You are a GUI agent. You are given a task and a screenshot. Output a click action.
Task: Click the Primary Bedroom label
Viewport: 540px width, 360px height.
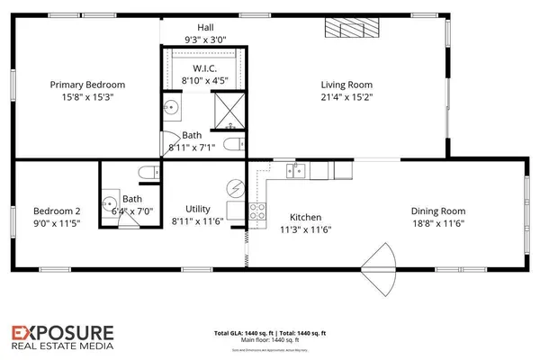coord(87,85)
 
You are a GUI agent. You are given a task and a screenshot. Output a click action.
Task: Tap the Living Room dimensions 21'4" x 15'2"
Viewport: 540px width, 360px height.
coord(346,99)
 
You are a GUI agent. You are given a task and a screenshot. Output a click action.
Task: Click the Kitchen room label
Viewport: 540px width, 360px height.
coord(305,217)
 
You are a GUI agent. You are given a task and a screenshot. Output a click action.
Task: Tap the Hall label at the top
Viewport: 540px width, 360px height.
coord(205,27)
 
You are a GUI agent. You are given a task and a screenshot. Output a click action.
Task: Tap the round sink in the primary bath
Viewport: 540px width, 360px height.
coord(172,109)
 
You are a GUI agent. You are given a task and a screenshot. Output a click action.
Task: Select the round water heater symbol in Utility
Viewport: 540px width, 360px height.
coord(238,190)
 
